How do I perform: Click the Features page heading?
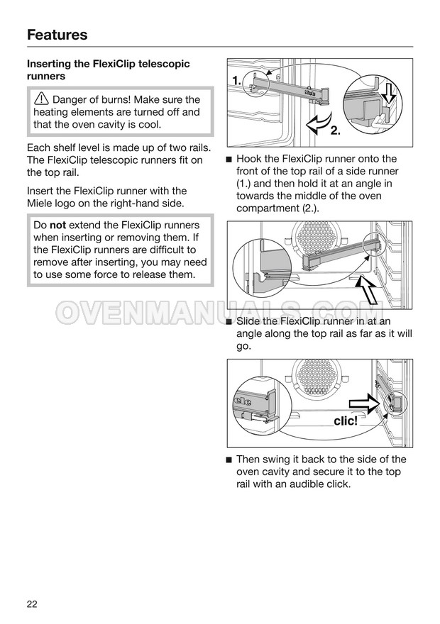(57, 35)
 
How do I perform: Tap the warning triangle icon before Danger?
(41, 99)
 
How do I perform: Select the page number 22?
(32, 603)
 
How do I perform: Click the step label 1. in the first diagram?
(237, 81)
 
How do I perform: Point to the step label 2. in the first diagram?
(336, 130)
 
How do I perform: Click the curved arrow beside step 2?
(319, 122)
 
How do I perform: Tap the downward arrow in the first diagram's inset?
(390, 93)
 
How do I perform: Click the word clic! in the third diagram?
(345, 421)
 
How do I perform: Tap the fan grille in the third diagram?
(317, 376)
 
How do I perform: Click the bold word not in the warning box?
(57, 225)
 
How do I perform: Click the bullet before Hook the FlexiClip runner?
(229, 160)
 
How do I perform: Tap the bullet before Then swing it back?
(229, 460)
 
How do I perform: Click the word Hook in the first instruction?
(248, 159)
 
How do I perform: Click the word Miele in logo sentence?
(40, 204)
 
